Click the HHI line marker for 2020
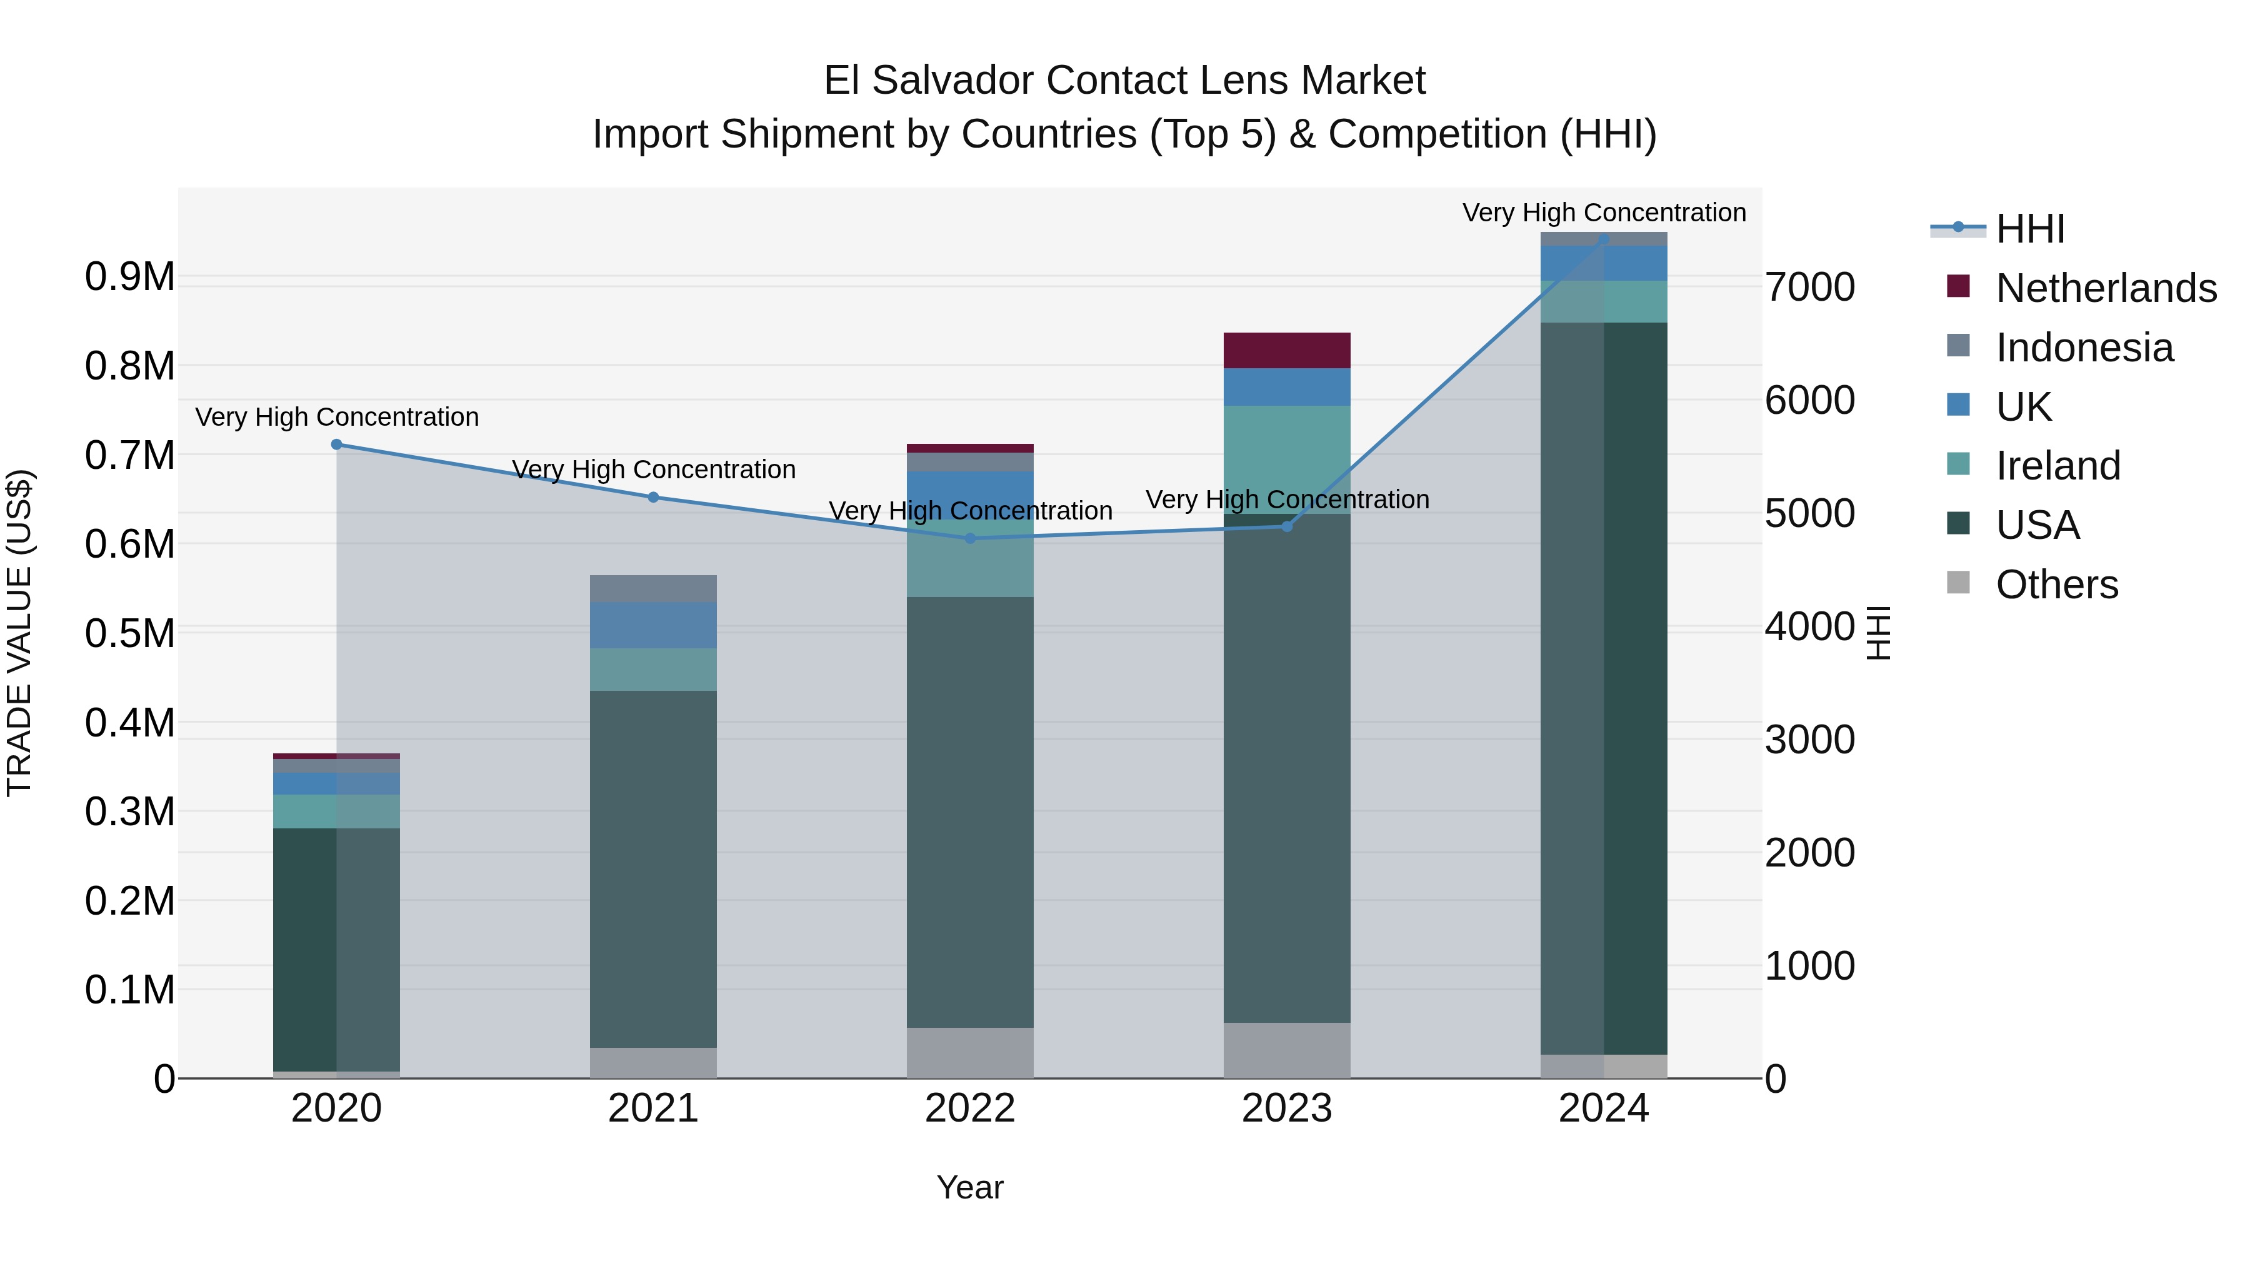pos(336,445)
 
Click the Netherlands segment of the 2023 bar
pos(1287,350)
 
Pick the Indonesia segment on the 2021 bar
pos(653,588)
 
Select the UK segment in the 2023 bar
pos(1287,387)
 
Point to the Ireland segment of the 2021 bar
pos(653,669)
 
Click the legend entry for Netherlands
pos(2106,288)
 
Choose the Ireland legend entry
pos(2058,466)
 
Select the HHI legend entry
pos(2030,229)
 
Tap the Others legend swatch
pos(1959,583)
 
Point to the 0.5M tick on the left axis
pos(129,633)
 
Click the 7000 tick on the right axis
pos(1810,288)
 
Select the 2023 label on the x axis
pos(1287,1108)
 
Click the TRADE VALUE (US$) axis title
pos(19,633)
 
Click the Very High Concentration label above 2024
pos(1604,213)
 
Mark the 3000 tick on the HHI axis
pos(1810,740)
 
